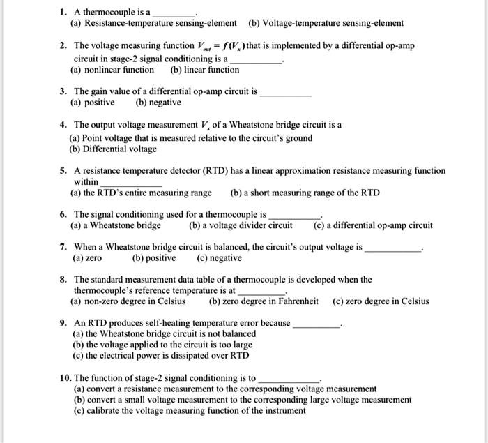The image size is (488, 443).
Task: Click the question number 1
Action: [x=63, y=12]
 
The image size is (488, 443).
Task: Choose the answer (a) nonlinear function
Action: [x=112, y=70]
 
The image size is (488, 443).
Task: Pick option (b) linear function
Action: [x=204, y=70]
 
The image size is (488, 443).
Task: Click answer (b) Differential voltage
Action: [x=113, y=149]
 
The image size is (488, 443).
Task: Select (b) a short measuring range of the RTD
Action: [x=305, y=193]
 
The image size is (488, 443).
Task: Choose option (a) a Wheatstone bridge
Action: [x=116, y=225]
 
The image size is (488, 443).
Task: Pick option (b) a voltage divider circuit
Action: [x=241, y=225]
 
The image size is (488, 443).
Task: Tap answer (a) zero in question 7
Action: [x=87, y=258]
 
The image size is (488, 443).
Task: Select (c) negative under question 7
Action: [x=220, y=258]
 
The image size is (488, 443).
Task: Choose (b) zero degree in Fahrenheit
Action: [x=264, y=301]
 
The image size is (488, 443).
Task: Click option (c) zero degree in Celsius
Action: [x=381, y=301]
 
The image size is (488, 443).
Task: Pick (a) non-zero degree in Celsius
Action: [x=128, y=301]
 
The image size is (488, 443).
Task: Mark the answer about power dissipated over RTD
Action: [x=160, y=355]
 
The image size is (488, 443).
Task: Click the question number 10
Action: [x=65, y=377]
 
